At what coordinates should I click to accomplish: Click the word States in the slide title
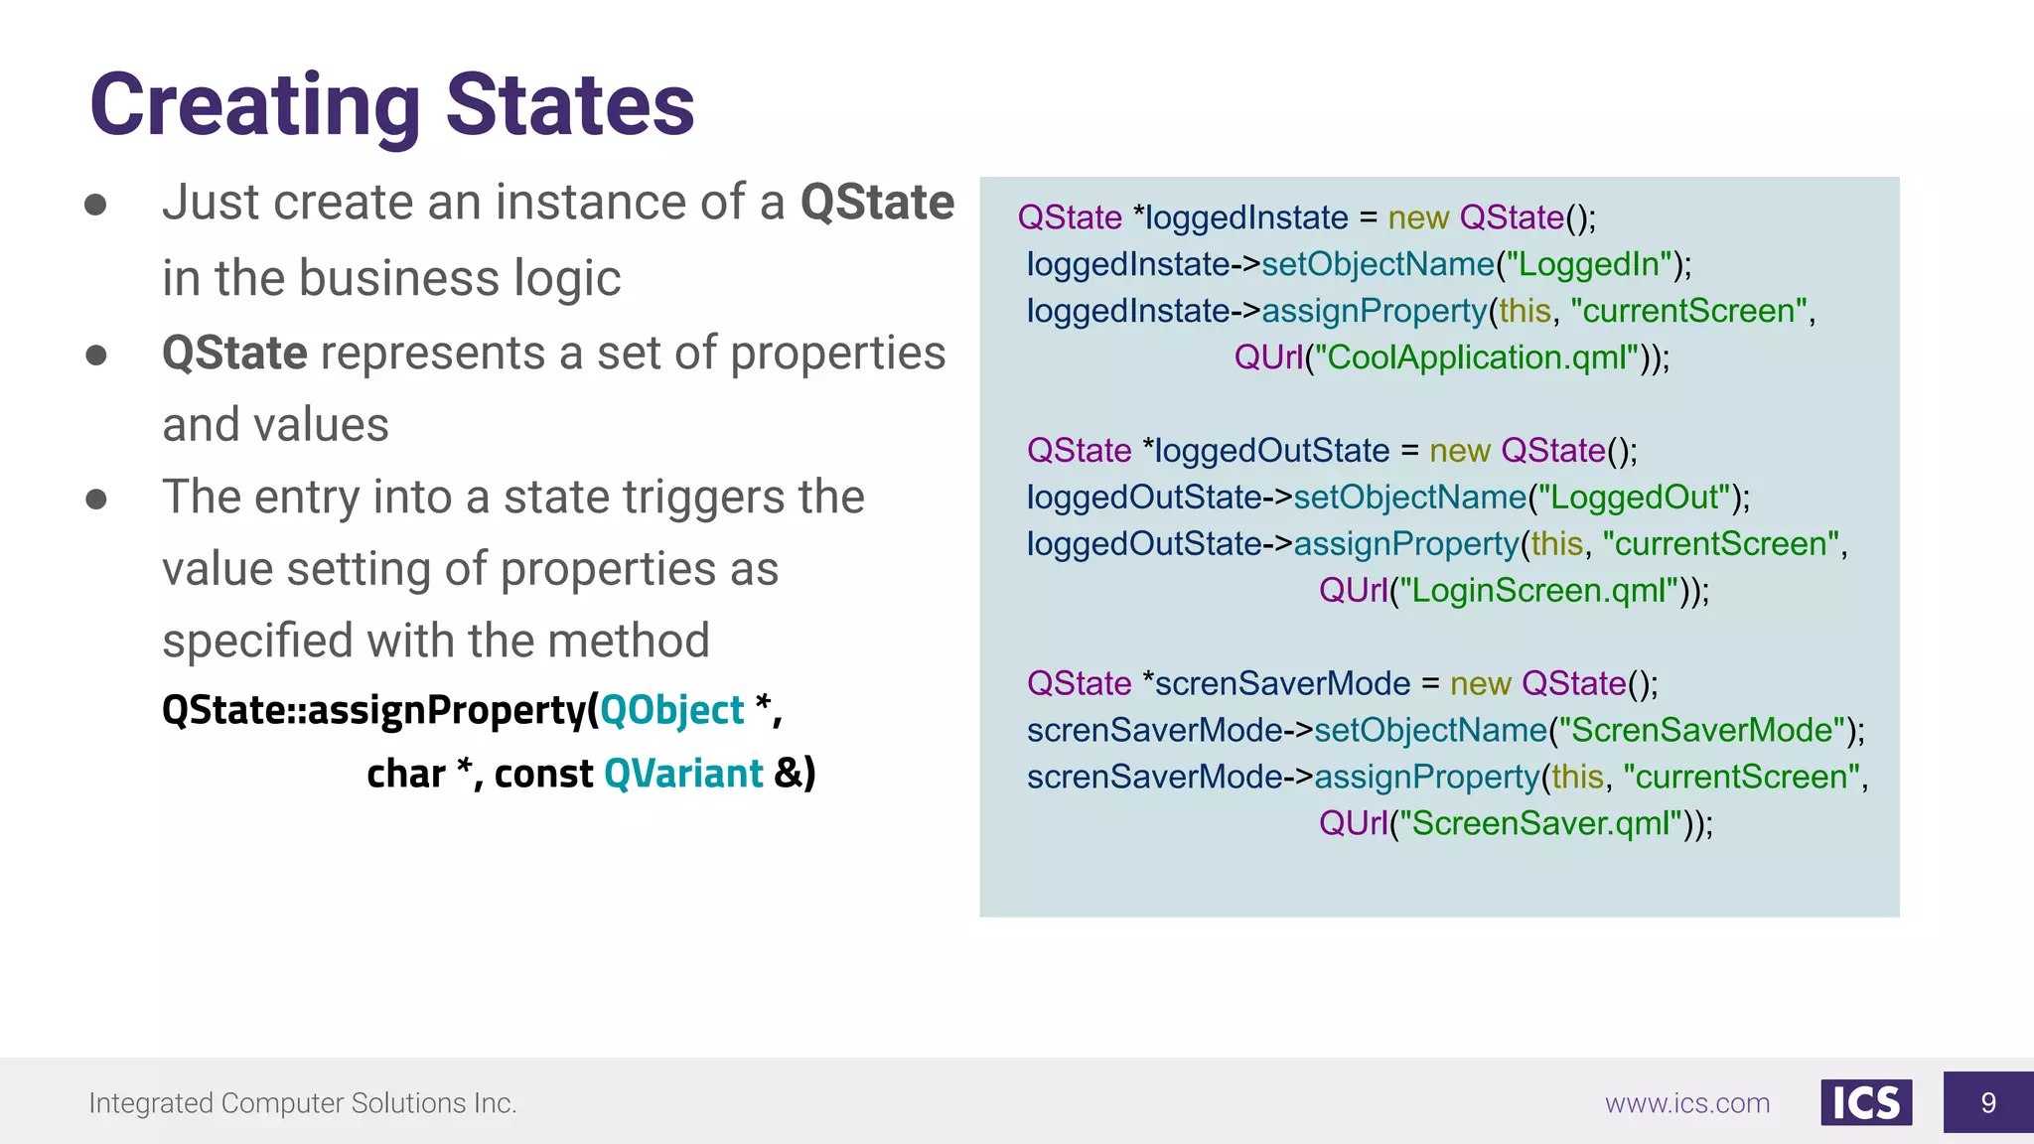point(570,105)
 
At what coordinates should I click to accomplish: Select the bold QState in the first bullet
point(877,203)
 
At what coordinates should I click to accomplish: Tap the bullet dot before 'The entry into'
point(96,499)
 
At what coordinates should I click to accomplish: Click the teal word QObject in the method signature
point(671,710)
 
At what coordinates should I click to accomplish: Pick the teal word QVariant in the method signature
point(683,774)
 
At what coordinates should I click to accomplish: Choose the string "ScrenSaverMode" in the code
point(1702,731)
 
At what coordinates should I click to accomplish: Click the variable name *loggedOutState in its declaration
point(1266,451)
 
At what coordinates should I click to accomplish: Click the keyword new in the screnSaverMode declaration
point(1480,684)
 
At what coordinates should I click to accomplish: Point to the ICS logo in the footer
point(1865,1102)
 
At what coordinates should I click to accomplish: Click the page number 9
point(1987,1102)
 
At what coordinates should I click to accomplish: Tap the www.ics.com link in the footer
point(1686,1103)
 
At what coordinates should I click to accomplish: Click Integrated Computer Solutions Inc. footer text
point(302,1103)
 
